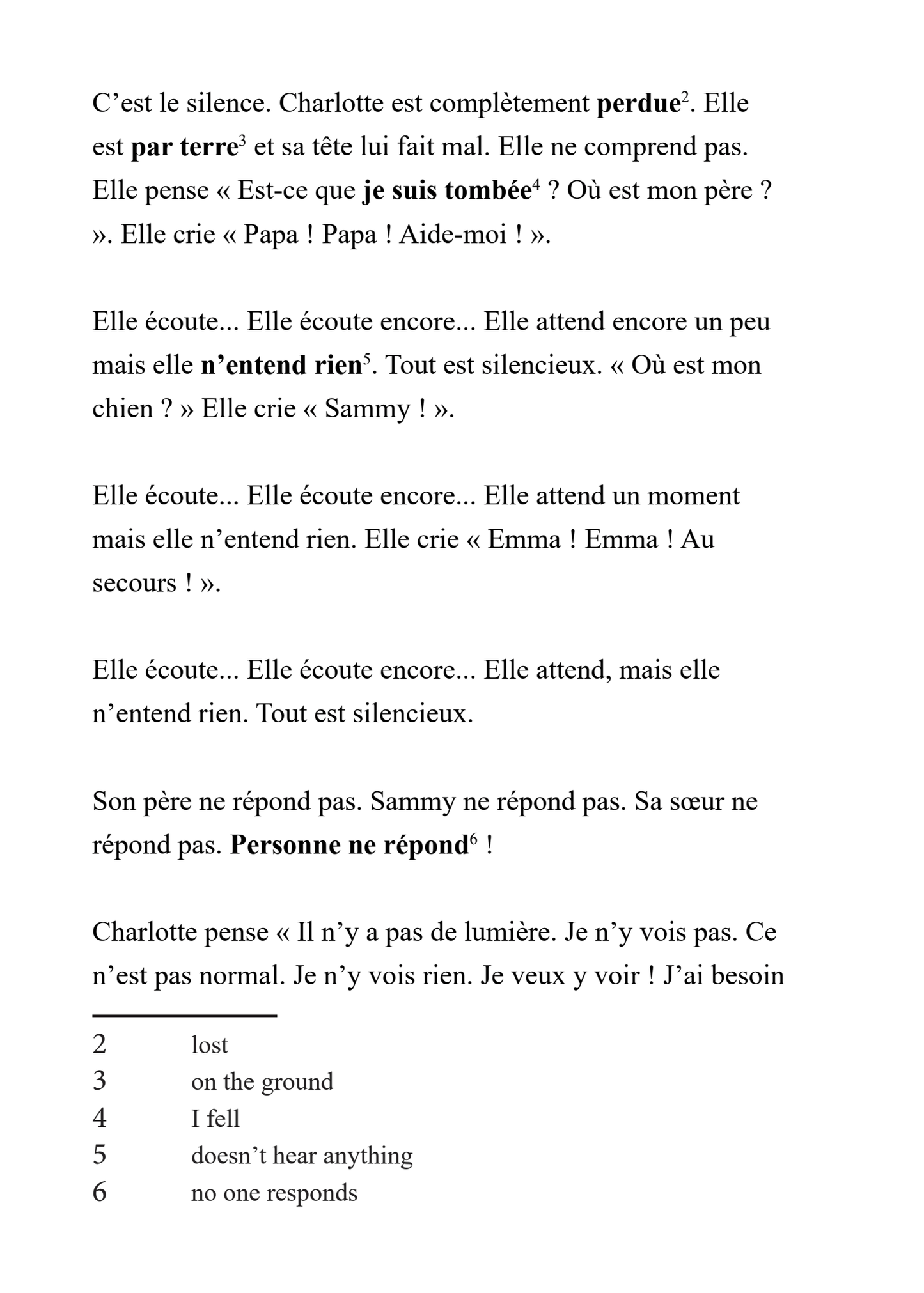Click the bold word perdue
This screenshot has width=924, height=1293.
(637, 104)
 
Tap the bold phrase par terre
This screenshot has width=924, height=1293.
(184, 148)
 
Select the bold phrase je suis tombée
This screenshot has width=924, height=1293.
(447, 191)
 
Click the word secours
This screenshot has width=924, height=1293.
(134, 584)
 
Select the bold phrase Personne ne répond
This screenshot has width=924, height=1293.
(350, 846)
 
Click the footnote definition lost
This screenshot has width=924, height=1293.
(210, 1045)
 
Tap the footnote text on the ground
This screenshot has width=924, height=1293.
(262, 1081)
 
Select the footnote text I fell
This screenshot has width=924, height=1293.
(215, 1119)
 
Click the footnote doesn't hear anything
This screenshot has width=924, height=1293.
(302, 1156)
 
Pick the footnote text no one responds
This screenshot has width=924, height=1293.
(274, 1193)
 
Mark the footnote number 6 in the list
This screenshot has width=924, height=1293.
(100, 1193)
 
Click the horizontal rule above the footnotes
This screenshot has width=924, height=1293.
(184, 1015)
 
